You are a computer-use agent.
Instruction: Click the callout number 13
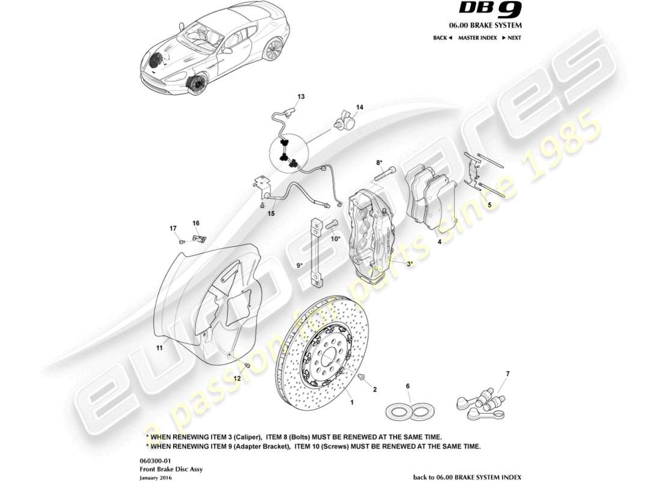coord(301,97)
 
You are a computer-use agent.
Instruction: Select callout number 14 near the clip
coord(359,108)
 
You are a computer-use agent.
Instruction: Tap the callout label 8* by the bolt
coord(379,162)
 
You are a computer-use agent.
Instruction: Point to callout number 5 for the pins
coord(489,205)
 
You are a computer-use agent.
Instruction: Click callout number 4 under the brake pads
coord(440,242)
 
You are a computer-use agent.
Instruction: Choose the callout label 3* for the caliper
coord(410,263)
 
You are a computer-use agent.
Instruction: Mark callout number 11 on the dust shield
coord(160,348)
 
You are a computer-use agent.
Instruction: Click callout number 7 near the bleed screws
coord(507,374)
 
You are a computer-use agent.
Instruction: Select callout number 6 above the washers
coord(407,386)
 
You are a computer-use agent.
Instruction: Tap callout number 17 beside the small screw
coord(173,228)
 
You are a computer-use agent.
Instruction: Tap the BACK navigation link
coord(442,37)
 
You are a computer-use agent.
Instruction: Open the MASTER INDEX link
coord(477,37)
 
